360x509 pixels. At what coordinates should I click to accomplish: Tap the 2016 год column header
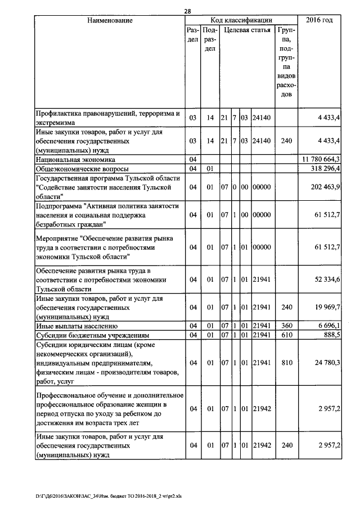pos(319,21)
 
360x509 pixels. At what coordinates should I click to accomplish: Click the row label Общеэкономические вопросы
pos(82,169)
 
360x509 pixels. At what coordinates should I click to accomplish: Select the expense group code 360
pos(286,326)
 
